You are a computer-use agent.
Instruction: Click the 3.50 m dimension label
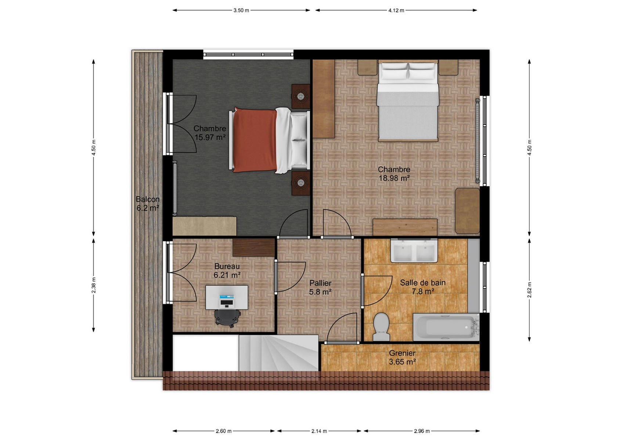click(x=241, y=10)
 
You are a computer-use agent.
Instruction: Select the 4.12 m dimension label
click(x=396, y=10)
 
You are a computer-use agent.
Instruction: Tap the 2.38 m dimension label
click(x=94, y=285)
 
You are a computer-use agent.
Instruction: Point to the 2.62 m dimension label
click(x=529, y=290)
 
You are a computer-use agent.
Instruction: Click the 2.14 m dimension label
click(x=319, y=431)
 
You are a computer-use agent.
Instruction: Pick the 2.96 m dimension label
click(x=422, y=431)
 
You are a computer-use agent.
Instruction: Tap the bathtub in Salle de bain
click(x=446, y=327)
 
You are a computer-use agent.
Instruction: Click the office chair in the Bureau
click(x=227, y=318)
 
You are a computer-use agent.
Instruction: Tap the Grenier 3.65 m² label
click(x=402, y=358)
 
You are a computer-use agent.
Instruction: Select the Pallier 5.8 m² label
click(x=320, y=287)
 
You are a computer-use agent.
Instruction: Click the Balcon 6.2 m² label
click(x=147, y=203)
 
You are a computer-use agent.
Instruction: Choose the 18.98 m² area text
click(x=394, y=178)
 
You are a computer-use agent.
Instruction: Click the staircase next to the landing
click(x=278, y=353)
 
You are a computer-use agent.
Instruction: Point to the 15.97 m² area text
click(x=210, y=137)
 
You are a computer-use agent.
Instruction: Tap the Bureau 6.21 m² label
click(x=227, y=271)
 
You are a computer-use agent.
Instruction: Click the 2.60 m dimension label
click(x=224, y=431)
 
